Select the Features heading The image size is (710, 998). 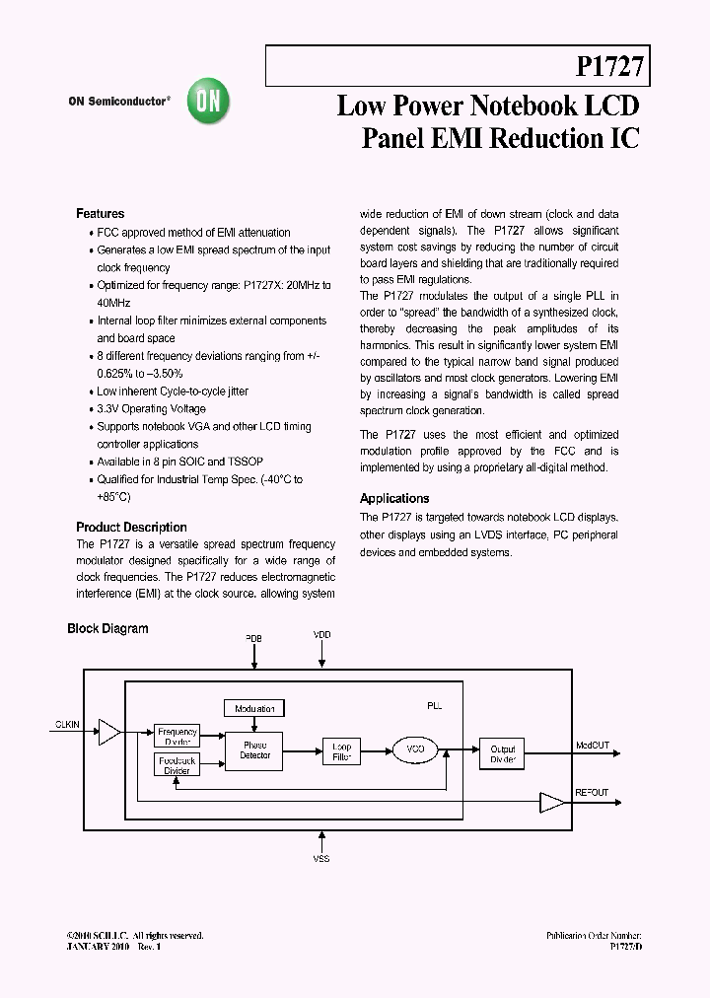click(x=101, y=213)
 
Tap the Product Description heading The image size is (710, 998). click(x=131, y=527)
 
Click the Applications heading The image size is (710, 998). click(x=394, y=498)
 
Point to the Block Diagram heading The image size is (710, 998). click(x=107, y=628)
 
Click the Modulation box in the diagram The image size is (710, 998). click(x=254, y=708)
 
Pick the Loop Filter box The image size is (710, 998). click(x=341, y=751)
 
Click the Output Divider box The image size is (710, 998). click(x=502, y=754)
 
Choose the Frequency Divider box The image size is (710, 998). click(x=177, y=736)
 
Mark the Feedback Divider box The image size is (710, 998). click(x=177, y=764)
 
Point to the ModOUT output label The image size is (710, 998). click(x=593, y=746)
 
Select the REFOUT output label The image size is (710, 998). click(x=592, y=792)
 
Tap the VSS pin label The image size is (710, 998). click(x=321, y=859)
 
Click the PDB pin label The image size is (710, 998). click(x=254, y=638)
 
